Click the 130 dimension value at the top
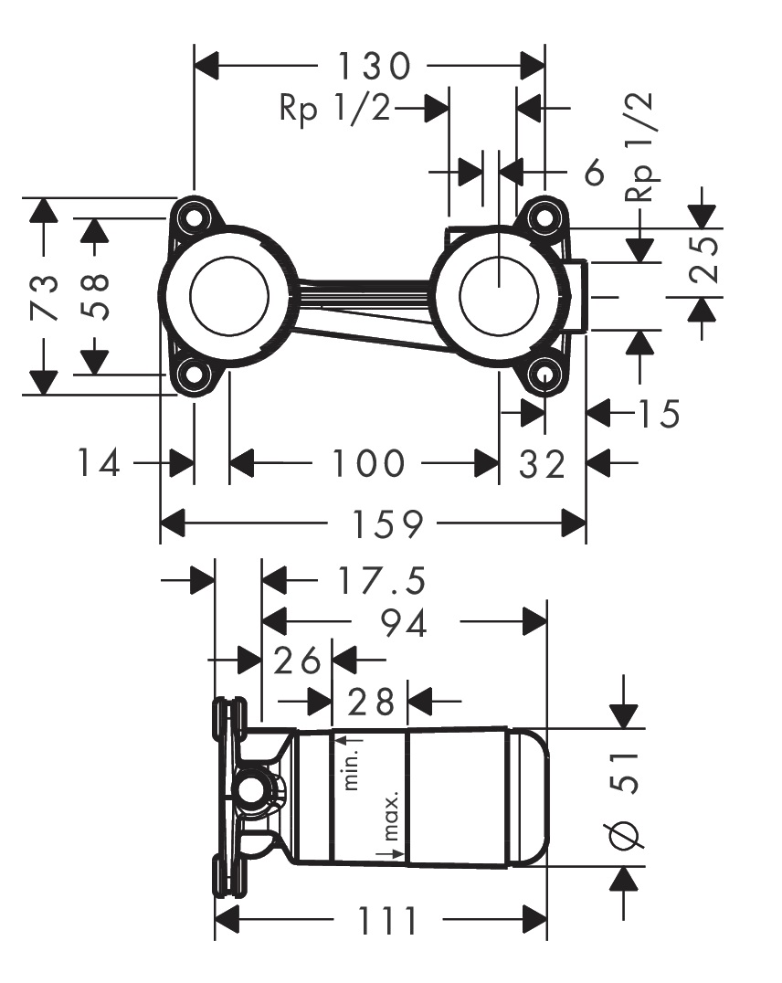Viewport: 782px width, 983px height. pyautogui.click(x=373, y=66)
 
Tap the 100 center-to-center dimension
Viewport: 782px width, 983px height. pyautogui.click(x=367, y=463)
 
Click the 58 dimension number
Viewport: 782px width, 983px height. pyautogui.click(x=94, y=297)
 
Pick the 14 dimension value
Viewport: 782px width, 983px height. pyautogui.click(x=98, y=464)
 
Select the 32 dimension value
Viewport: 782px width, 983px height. pyautogui.click(x=543, y=464)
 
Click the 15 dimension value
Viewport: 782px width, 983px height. pyautogui.click(x=659, y=415)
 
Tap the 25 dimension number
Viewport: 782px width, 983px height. pyautogui.click(x=703, y=259)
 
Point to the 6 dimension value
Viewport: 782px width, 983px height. pyautogui.click(x=595, y=171)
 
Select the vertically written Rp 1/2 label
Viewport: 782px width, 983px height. pyautogui.click(x=641, y=147)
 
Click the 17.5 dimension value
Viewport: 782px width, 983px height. pyautogui.click(x=368, y=580)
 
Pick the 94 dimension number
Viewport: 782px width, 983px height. pyautogui.click(x=404, y=624)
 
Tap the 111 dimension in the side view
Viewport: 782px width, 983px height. pyautogui.click(x=386, y=919)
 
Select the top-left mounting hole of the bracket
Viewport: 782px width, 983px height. pyautogui.click(x=193, y=217)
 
